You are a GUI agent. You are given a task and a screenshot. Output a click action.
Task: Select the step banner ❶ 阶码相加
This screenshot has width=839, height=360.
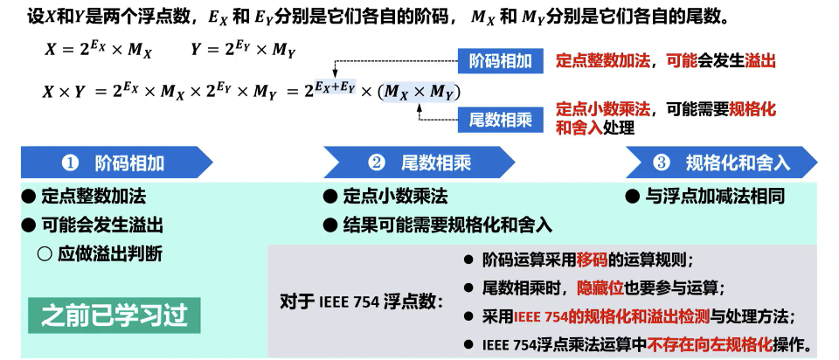coord(117,163)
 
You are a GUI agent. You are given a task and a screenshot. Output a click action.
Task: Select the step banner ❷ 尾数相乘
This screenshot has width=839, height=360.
coord(419,163)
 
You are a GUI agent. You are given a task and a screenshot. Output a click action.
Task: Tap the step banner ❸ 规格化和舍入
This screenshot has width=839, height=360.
coord(722,163)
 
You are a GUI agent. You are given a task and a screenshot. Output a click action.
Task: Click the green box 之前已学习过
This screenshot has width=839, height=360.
coord(114,313)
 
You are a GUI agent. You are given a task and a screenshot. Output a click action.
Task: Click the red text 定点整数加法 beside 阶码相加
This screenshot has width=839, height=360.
coord(604,61)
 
